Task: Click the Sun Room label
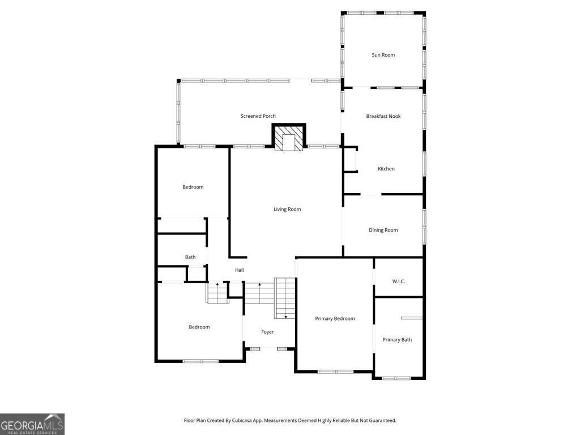(383, 55)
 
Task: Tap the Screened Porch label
(258, 116)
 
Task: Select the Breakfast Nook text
(383, 116)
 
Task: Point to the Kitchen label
(386, 169)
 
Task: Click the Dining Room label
(383, 230)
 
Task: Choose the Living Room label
(287, 209)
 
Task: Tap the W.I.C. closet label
(399, 282)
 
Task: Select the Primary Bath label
(397, 340)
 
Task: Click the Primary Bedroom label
(335, 318)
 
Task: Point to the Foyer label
(267, 332)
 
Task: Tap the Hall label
(239, 270)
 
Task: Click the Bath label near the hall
(190, 257)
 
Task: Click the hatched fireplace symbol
(289, 139)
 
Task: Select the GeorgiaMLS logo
(32, 424)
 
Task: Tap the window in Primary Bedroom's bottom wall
(335, 372)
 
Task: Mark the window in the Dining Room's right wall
(424, 227)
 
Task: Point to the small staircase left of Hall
(217, 293)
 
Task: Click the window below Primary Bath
(396, 378)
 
